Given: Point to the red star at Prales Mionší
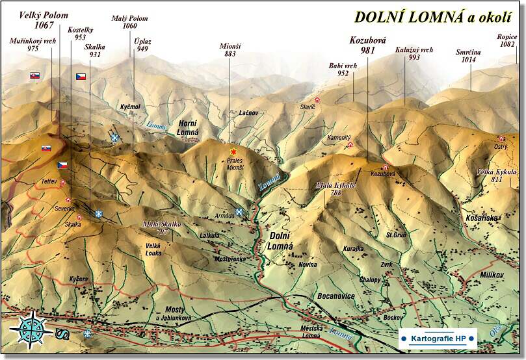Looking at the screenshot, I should [x=233, y=151].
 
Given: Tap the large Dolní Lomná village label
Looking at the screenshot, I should [x=280, y=240].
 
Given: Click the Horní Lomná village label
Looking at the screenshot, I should [x=188, y=127].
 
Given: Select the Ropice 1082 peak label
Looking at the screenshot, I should [x=507, y=41].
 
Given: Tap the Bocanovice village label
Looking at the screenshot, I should [x=335, y=296].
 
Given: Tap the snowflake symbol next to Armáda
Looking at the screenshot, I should [x=239, y=212].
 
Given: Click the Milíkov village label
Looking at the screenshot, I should [x=493, y=275].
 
